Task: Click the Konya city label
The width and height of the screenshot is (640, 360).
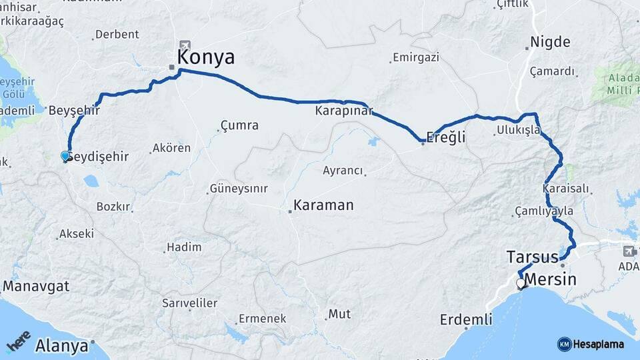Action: tap(206, 57)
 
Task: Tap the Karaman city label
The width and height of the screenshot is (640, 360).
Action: tap(323, 205)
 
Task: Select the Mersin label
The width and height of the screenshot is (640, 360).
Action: tap(551, 279)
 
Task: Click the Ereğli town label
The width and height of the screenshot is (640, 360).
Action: tap(445, 137)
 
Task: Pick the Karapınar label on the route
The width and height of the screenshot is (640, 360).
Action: tap(344, 111)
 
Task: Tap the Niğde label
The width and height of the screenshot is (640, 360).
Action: tap(550, 43)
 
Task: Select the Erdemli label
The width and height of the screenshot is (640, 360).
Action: tap(466, 320)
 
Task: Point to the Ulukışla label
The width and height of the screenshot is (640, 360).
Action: tap(518, 130)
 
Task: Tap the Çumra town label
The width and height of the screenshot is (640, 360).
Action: tap(239, 125)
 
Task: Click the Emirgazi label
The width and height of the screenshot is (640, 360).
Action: tap(416, 57)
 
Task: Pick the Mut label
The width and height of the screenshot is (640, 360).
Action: tap(339, 313)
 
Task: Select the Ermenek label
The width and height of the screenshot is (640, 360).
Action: tap(262, 319)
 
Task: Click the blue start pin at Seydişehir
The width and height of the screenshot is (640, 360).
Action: tap(65, 156)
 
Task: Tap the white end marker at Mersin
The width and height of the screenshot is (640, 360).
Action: tap(521, 283)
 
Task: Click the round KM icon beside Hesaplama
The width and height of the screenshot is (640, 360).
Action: tap(564, 343)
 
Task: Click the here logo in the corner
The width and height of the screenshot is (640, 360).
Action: tap(18, 341)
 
